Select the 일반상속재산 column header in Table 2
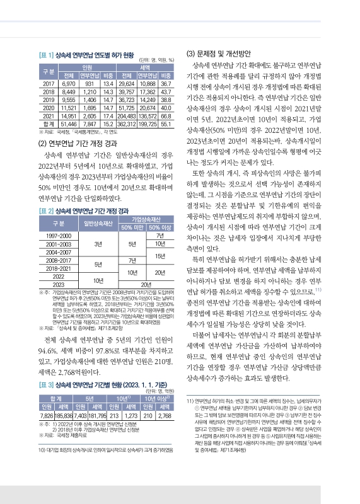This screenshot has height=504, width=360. tap(98, 224)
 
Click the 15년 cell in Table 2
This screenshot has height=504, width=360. tap(160, 255)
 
